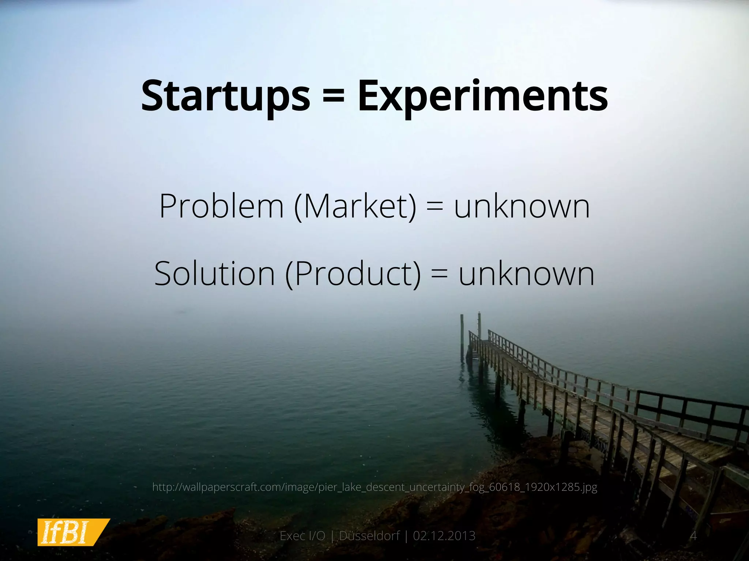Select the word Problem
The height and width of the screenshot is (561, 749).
pyautogui.click(x=222, y=206)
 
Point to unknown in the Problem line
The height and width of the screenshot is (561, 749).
pyautogui.click(x=522, y=206)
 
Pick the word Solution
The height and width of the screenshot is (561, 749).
pyautogui.click(x=214, y=274)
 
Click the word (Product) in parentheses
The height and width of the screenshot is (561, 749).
pyautogui.click(x=353, y=274)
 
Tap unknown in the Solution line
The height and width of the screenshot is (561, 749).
pyautogui.click(x=526, y=274)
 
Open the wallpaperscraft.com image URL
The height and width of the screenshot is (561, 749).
pyautogui.click(x=374, y=487)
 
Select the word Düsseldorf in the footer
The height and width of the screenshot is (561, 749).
pyautogui.click(x=369, y=536)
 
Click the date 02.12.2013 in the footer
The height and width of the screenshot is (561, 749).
pyautogui.click(x=444, y=536)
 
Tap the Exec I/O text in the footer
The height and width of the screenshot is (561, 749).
pyautogui.click(x=302, y=536)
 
